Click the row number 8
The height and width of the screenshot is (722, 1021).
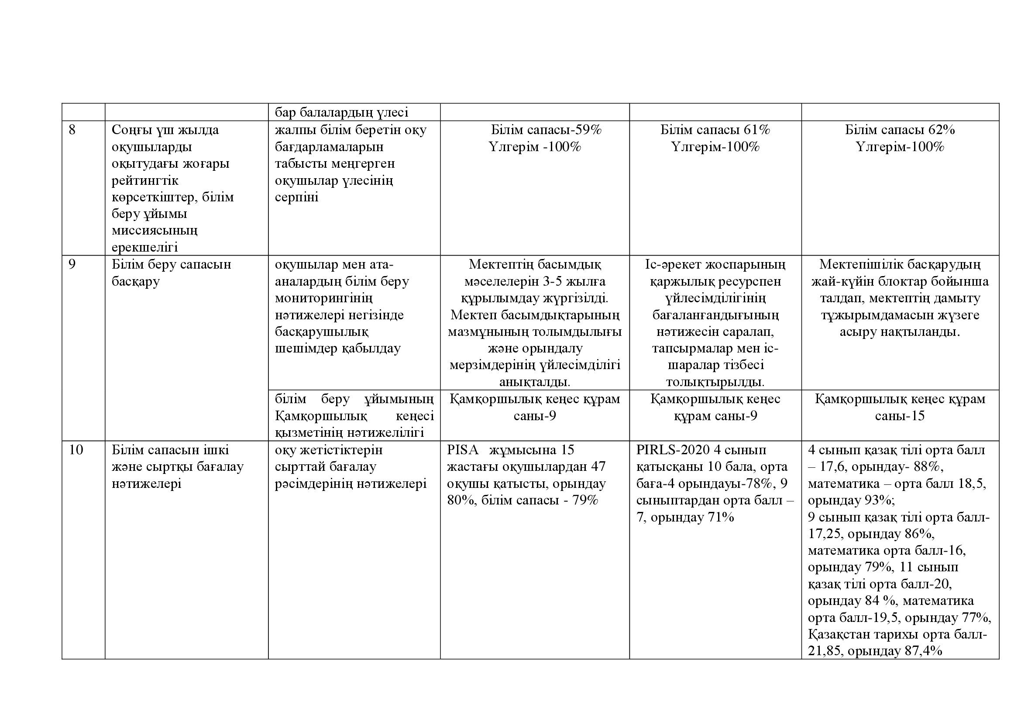[x=72, y=130]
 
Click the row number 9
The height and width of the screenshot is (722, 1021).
[x=72, y=264]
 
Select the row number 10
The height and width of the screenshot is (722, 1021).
[x=76, y=450]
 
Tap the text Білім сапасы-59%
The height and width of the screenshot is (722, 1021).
[x=546, y=130]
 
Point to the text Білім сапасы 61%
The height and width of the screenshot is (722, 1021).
[x=715, y=130]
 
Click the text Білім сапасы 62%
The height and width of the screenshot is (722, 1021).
[x=900, y=130]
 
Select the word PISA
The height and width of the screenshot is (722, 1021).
[x=462, y=450]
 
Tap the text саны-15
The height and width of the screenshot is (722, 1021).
[x=900, y=416]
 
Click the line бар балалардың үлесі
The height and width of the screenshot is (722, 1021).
[x=341, y=112]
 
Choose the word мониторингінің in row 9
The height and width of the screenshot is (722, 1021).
[x=324, y=298]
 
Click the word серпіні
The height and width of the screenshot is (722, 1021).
[x=296, y=197]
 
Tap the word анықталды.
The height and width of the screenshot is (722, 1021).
[x=535, y=382]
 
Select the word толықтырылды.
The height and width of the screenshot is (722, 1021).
[x=715, y=382]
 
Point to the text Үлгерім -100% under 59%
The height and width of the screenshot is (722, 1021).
[x=535, y=147]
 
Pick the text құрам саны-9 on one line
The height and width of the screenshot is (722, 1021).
[x=715, y=416]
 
